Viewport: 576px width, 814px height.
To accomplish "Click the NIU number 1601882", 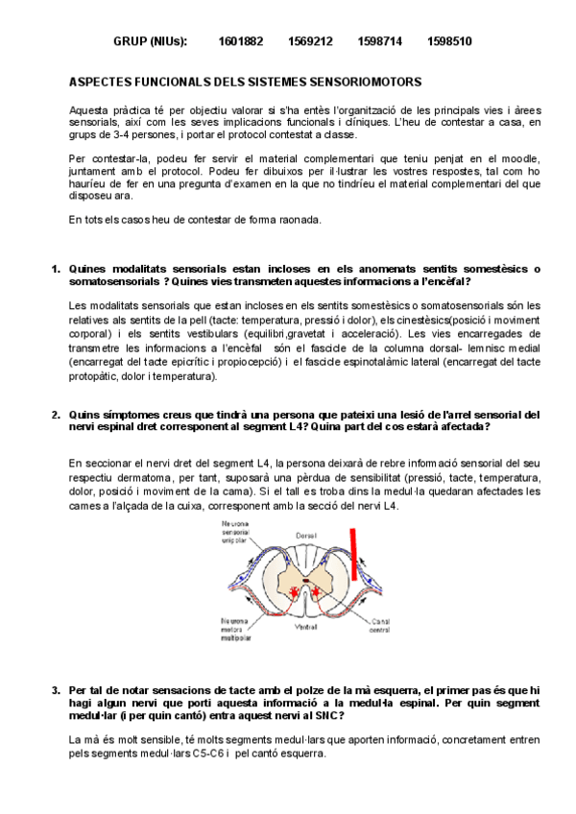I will (240, 42).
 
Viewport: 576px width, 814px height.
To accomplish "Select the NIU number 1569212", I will (310, 42).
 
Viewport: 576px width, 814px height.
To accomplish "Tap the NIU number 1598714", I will (379, 42).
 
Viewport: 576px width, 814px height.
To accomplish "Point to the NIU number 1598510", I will (449, 42).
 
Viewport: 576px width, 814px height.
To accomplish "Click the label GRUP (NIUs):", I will (150, 42).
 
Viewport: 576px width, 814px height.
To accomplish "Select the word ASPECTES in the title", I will (108, 84).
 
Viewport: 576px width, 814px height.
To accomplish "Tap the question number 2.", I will (55, 415).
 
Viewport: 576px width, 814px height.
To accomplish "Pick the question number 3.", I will (55, 690).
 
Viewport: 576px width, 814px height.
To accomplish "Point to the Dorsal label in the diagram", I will (306, 534).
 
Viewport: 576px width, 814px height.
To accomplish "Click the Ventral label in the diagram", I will (306, 627).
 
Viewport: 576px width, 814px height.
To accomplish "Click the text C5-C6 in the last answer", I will (203, 754).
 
